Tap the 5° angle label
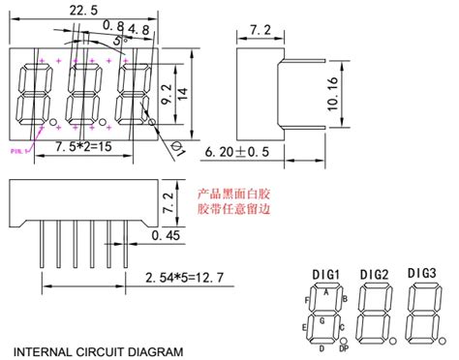(119, 42)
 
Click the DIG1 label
(323, 276)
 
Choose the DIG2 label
(373, 276)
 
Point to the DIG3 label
(422, 274)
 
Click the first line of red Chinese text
(233, 192)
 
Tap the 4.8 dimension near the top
(138, 30)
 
